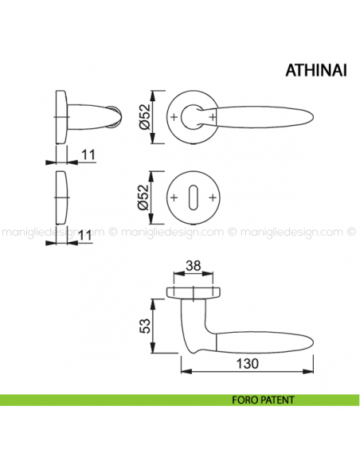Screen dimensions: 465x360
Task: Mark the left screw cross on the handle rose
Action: (x=174, y=118)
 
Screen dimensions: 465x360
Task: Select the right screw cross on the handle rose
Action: (x=214, y=118)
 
